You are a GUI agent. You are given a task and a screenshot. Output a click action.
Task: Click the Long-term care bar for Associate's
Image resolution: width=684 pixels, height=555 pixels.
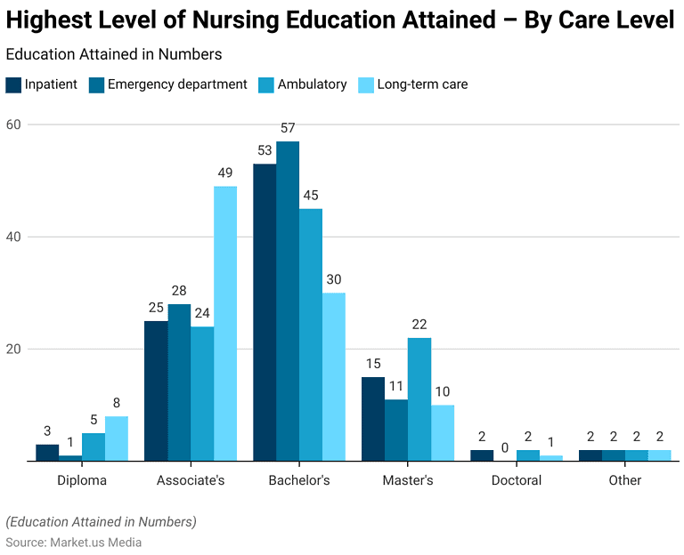pos(225,323)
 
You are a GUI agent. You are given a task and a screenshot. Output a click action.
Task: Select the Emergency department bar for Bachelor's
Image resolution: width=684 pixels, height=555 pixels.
pos(288,301)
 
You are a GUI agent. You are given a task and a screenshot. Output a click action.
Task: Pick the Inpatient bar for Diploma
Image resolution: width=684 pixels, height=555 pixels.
pos(47,452)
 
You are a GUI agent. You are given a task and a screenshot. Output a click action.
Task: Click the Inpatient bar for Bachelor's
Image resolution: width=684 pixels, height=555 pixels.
pos(265,312)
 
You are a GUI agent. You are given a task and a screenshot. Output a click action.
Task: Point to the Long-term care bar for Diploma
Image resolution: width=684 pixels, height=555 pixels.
pos(117,438)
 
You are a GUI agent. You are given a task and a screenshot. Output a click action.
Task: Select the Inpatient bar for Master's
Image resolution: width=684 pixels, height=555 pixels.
pos(373,419)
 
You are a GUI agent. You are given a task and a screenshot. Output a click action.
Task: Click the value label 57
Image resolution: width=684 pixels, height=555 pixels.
pos(288,128)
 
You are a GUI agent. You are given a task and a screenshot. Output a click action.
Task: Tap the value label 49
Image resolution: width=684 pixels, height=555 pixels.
pos(225,173)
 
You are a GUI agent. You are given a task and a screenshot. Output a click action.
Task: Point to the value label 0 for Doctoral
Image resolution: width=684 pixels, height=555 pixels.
pos(505,448)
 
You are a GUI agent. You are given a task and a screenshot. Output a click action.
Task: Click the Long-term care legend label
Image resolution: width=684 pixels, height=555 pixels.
pos(422,84)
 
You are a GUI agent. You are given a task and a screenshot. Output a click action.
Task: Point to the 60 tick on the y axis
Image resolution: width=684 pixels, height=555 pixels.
pos(13,125)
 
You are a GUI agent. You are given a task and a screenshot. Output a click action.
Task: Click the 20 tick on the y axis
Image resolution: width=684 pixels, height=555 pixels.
pos(13,349)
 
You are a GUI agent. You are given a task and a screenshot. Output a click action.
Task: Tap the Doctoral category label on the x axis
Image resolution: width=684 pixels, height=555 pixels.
pos(517,480)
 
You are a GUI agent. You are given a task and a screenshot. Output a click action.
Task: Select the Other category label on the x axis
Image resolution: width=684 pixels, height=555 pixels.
pos(624,480)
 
